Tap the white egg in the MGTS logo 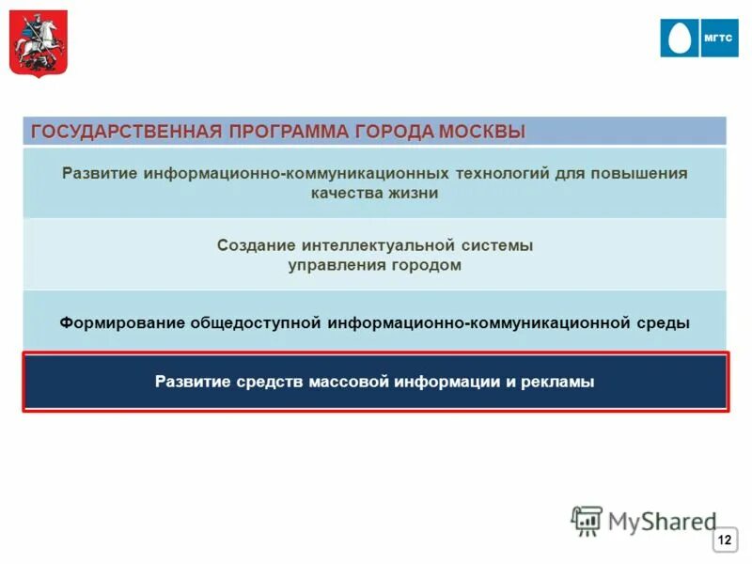click(682, 39)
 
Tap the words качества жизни click(375, 194)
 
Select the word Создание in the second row click(257, 245)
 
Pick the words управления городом click(375, 265)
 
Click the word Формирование click(121, 322)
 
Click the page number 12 click(725, 540)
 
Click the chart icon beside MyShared click(587, 520)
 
